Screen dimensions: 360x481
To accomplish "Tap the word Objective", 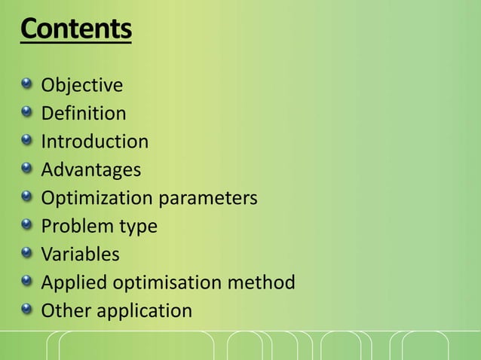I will point(81,85).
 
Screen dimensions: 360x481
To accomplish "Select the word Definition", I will point(83,114).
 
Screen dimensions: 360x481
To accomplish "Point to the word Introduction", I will point(94,142).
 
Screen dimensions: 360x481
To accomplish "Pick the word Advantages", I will point(90,169).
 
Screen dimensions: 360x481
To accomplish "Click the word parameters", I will point(207,199).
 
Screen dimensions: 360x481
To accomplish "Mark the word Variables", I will point(80,255).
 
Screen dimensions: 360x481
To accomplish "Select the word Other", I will point(64,310).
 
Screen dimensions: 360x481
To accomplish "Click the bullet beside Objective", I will point(27,84).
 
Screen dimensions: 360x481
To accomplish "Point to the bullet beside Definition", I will point(27,112).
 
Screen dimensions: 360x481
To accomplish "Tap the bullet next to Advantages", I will point(27,168).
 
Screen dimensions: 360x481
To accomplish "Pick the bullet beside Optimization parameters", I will point(27,197).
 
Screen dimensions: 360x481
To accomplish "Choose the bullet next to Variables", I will point(27,252).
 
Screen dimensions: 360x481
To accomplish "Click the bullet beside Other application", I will point(27,309).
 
